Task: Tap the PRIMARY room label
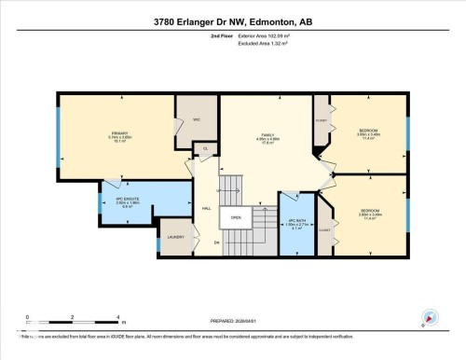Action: tap(119, 133)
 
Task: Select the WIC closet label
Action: tap(197, 119)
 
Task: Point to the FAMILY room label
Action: tap(269, 136)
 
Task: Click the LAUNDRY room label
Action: tap(175, 238)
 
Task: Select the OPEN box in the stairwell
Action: tap(237, 218)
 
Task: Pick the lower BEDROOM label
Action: tap(369, 211)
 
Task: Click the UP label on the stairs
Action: tap(219, 189)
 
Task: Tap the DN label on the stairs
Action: tap(217, 242)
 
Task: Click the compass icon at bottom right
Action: tap(429, 318)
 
